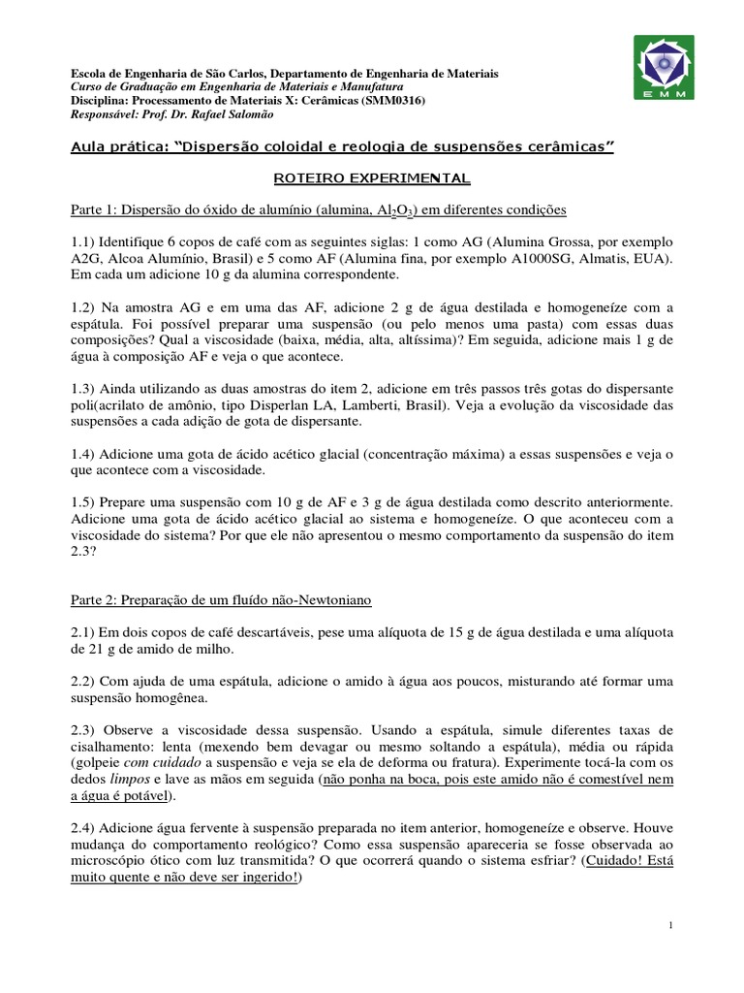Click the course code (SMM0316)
point(391,101)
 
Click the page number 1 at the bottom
point(670,928)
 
